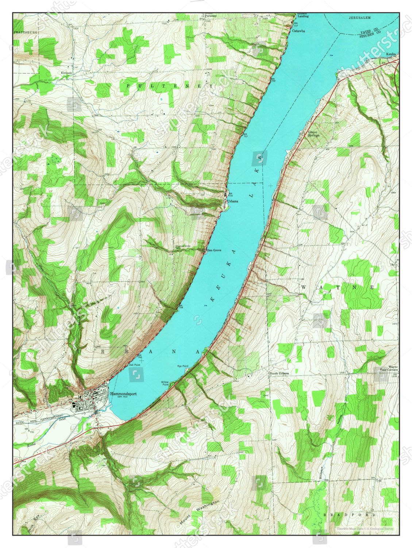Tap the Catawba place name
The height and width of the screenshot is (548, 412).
click(298, 31)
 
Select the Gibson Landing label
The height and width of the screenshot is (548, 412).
click(303, 15)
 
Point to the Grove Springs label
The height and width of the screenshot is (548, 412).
click(313, 134)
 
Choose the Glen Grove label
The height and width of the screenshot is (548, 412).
click(214, 250)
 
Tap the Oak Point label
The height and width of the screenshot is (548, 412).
click(134, 365)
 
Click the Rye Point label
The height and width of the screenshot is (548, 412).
click(182, 366)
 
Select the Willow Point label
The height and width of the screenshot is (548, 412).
click(165, 383)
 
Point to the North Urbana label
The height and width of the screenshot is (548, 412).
click(279, 373)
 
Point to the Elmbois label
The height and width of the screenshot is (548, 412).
click(66, 73)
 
